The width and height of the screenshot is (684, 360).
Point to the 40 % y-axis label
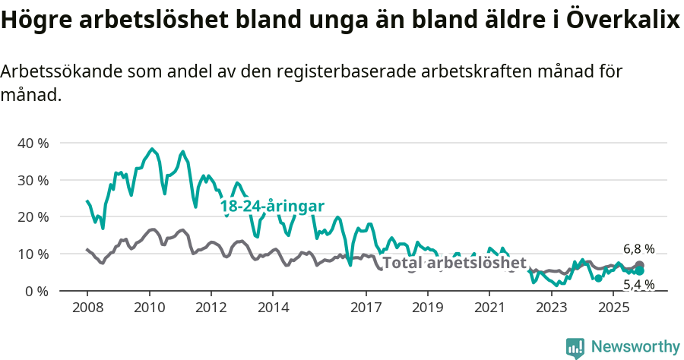(33, 144)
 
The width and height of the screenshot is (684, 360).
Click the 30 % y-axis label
(33, 181)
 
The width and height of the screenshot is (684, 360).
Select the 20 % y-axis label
(33, 217)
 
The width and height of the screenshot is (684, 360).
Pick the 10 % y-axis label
(33, 254)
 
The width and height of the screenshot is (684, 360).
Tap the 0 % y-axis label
(36, 292)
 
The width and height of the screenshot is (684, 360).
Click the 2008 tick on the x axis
(87, 308)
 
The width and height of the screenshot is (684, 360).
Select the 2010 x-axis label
(149, 308)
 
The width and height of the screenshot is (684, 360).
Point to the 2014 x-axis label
(273, 308)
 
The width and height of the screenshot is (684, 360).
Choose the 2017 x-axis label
(366, 308)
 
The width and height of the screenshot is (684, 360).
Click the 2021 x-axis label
(489, 308)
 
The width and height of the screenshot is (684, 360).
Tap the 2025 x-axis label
(613, 308)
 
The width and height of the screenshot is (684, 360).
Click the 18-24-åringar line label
(272, 207)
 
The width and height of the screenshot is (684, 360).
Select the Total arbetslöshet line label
(454, 263)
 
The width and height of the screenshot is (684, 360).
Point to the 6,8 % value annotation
(638, 249)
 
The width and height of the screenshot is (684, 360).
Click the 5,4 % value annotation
(638, 285)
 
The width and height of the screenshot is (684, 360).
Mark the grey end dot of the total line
(639, 266)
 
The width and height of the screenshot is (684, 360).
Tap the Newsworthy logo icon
(575, 347)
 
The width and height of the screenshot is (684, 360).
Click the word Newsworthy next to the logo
(635, 347)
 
